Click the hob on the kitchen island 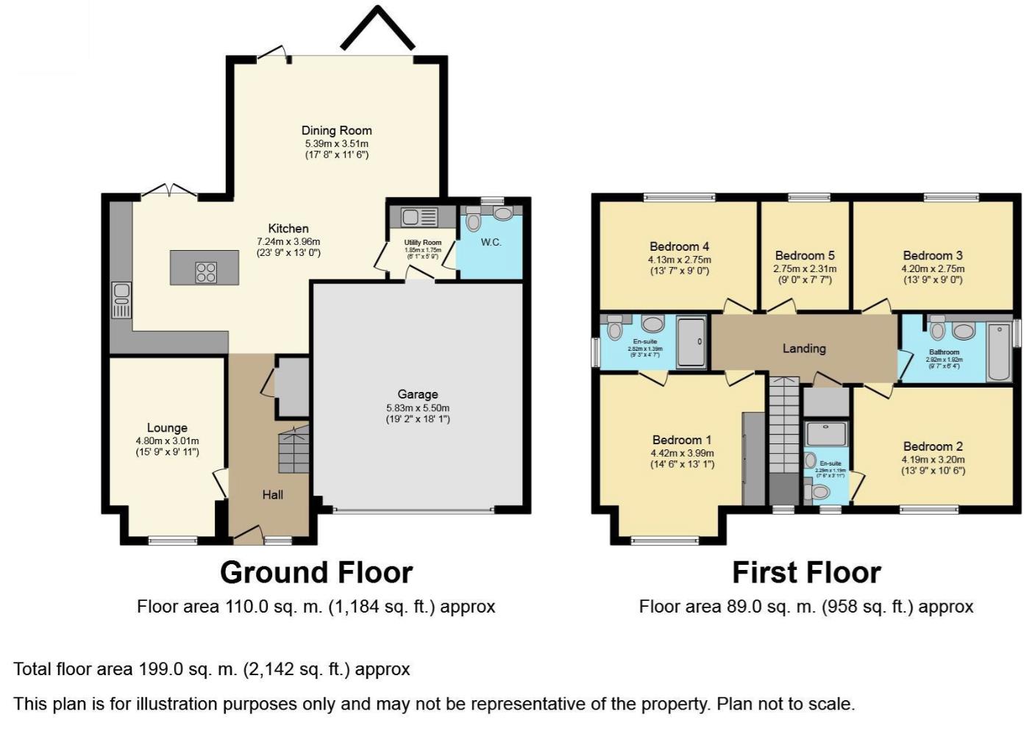[x=206, y=272]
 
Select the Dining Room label [x=337, y=131]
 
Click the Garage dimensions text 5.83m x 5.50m [x=418, y=408]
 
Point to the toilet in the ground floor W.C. [x=474, y=220]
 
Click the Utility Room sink [x=410, y=217]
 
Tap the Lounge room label [x=167, y=428]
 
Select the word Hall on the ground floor [x=273, y=495]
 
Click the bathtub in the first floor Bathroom [x=999, y=352]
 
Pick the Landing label [x=804, y=349]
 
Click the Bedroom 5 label [x=805, y=256]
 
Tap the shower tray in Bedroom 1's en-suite [x=691, y=341]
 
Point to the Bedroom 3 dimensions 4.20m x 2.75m [x=933, y=269]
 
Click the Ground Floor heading [x=316, y=572]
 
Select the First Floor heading [x=806, y=572]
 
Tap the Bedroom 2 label [x=933, y=446]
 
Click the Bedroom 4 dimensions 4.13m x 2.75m [x=679, y=260]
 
